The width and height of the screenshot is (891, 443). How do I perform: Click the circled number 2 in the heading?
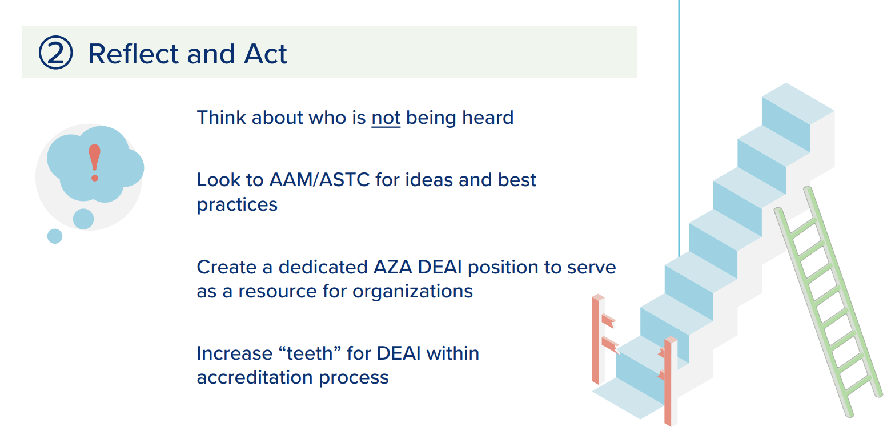pyautogui.click(x=55, y=53)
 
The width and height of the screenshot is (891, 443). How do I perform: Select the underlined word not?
pyautogui.click(x=386, y=118)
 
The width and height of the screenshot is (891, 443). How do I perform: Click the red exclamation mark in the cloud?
pyautogui.click(x=95, y=162)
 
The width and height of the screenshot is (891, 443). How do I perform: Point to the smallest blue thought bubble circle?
pyautogui.click(x=55, y=236)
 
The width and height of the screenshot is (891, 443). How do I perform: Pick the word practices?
pyautogui.click(x=237, y=204)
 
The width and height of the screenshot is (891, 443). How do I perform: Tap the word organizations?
pyautogui.click(x=412, y=291)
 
